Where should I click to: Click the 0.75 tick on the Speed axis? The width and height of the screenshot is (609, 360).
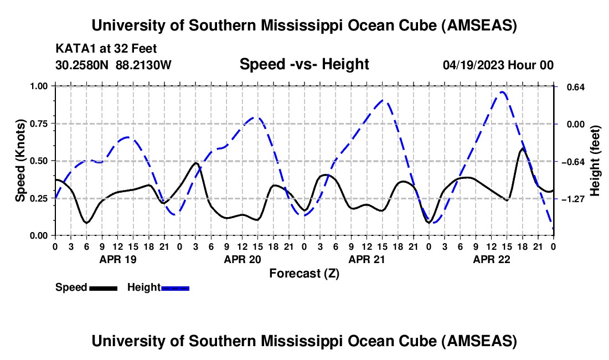pos(41,124)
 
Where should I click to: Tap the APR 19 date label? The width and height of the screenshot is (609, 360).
pos(117,259)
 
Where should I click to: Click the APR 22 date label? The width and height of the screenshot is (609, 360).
pos(491,259)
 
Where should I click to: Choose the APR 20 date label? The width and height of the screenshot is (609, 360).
pos(242,259)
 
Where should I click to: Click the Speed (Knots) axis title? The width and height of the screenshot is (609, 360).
pos(20,161)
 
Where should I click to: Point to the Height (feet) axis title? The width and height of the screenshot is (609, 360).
pos(595,161)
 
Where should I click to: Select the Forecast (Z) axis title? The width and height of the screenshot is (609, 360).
pos(304,273)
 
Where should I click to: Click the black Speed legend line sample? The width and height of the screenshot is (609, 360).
pos(103,287)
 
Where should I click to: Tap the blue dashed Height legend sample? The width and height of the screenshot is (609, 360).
pos(175,287)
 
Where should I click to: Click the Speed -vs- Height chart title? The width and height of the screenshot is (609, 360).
pos(304,65)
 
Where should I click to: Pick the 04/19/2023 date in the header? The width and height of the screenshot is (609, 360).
pos(474,65)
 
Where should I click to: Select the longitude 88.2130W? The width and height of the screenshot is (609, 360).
pos(144,65)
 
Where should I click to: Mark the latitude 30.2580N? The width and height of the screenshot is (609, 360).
pos(82,65)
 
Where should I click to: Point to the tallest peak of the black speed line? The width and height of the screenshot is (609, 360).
pos(522,148)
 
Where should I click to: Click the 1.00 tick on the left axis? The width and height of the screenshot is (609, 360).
pos(41,86)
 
